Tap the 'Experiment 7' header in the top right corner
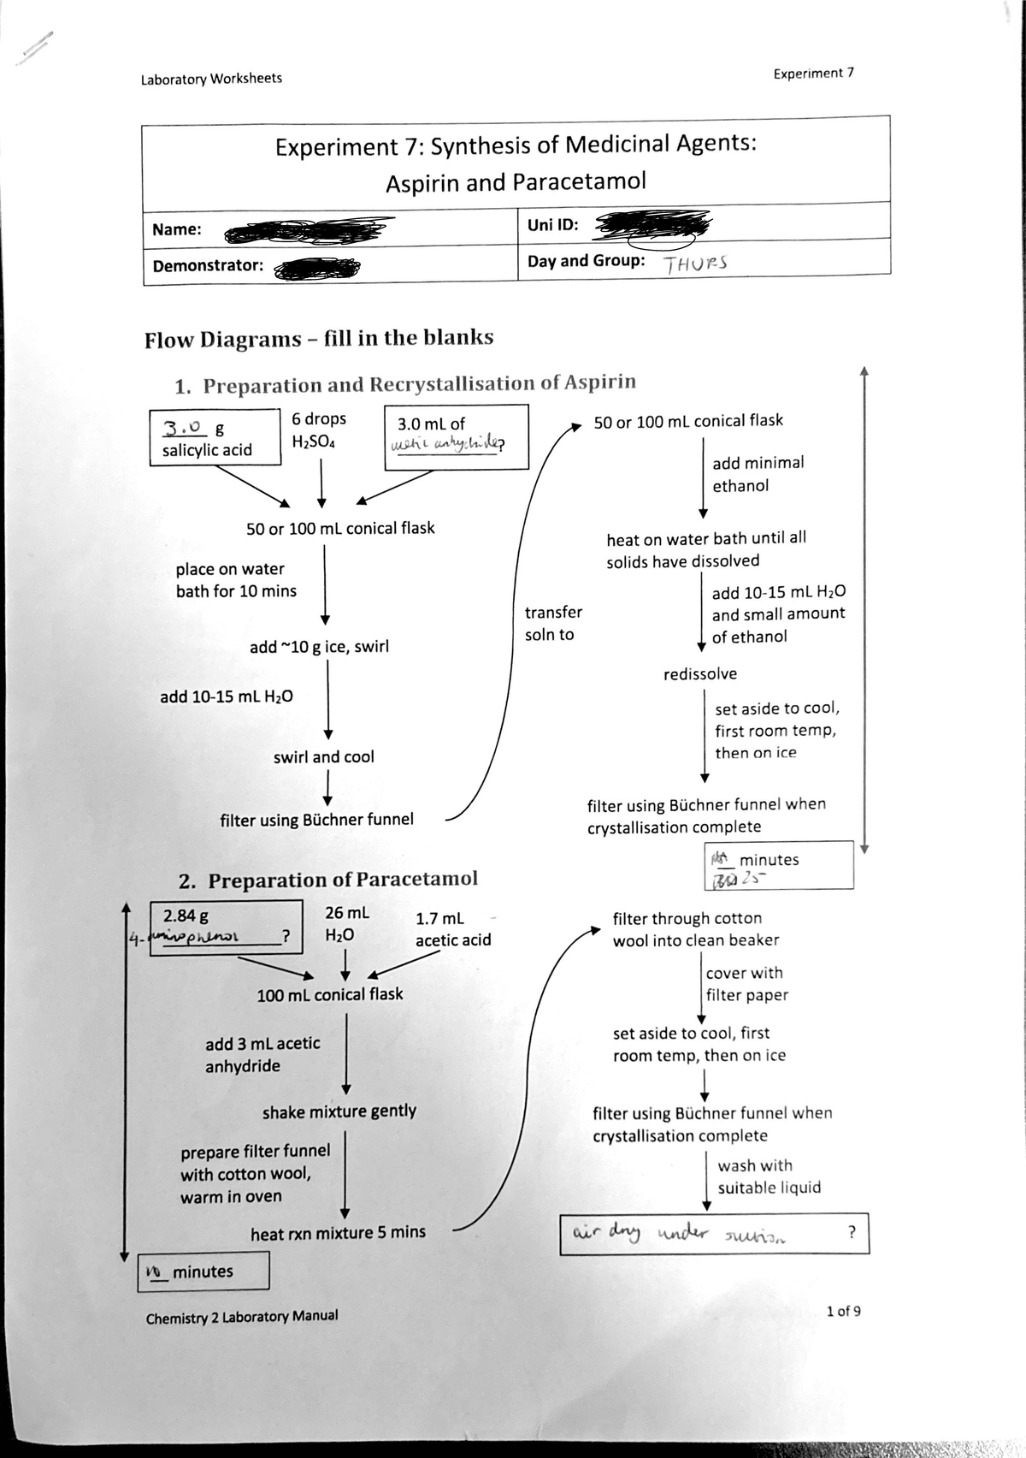point(813,74)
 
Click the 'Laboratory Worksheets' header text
point(211,79)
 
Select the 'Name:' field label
point(176,229)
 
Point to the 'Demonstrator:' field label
point(208,265)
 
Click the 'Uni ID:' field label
point(552,225)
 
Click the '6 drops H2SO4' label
point(319,430)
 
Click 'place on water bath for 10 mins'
point(236,580)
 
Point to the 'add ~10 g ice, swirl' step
point(319,647)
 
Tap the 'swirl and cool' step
point(323,757)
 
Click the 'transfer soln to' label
point(552,623)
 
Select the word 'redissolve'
point(699,674)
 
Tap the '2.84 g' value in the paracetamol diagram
point(186,916)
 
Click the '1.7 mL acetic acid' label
point(452,929)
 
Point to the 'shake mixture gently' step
point(339,1111)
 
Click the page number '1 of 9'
point(843,1311)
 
